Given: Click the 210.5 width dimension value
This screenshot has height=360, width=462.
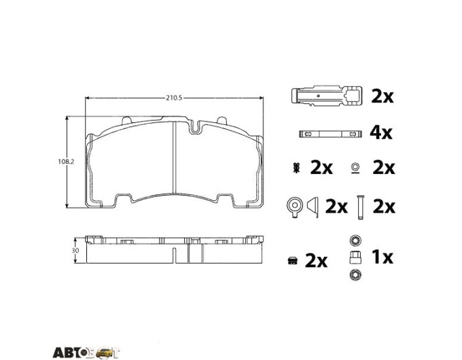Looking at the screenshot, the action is pyautogui.click(x=174, y=98).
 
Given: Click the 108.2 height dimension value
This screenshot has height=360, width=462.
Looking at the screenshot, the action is pyautogui.click(x=66, y=162).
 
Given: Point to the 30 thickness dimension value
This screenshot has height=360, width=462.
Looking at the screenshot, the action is pyautogui.click(x=75, y=251).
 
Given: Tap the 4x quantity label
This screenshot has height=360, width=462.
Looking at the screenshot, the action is pyautogui.click(x=381, y=133).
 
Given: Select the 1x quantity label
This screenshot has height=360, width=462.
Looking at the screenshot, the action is pyautogui.click(x=383, y=257).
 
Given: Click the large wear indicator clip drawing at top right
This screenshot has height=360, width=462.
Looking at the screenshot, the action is pyautogui.click(x=327, y=96).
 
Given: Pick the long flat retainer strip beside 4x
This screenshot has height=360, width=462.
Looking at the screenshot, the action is pyautogui.click(x=330, y=134).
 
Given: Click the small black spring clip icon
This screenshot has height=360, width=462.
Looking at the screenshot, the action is pyautogui.click(x=296, y=168).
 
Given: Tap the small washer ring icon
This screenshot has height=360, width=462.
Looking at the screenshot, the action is pyautogui.click(x=355, y=167).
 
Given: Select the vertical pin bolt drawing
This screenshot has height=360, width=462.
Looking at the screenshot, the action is pyautogui.click(x=359, y=207).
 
